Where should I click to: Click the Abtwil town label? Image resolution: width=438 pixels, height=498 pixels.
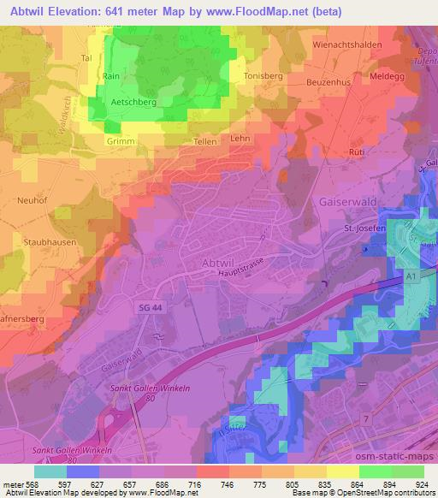coord(221,263)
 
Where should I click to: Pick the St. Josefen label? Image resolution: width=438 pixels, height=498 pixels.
coord(364,228)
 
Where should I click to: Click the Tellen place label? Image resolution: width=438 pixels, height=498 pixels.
coord(204,140)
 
